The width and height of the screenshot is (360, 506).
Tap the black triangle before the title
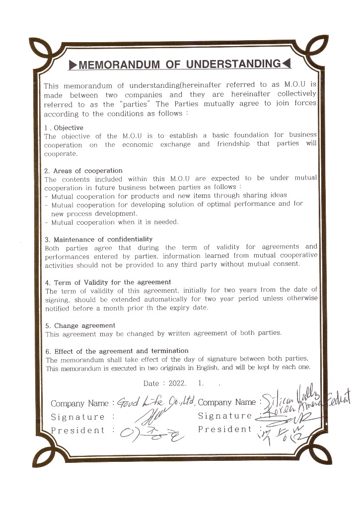(x=72, y=64)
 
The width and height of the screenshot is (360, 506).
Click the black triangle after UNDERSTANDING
(x=286, y=64)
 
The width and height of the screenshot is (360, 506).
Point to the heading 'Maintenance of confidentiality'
(x=103, y=239)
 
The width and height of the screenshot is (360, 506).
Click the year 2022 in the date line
(x=176, y=383)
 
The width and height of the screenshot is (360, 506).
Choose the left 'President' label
(x=77, y=431)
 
